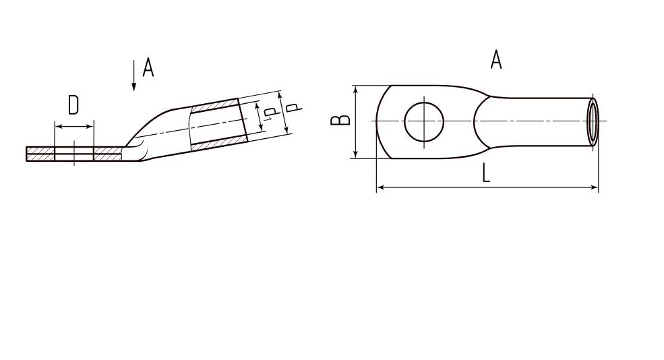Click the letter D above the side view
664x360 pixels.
(73, 105)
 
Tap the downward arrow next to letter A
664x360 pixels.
(134, 76)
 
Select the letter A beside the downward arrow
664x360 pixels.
(148, 68)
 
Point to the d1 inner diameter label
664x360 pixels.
(270, 114)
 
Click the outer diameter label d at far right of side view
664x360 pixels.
(293, 107)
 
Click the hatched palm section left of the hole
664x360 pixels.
(40, 154)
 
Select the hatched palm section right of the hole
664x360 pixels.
(108, 154)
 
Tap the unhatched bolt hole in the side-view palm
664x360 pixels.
(74, 154)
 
